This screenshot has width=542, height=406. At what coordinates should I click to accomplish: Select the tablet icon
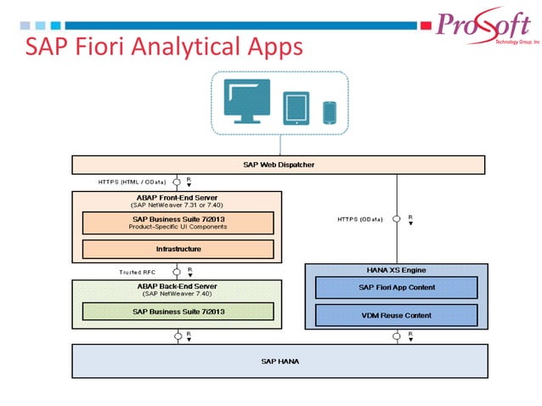(295, 108)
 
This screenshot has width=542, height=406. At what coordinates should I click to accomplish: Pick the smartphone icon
(330, 111)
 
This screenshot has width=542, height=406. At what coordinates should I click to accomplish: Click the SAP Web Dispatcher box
(279, 164)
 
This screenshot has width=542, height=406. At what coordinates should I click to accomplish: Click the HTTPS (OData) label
(359, 218)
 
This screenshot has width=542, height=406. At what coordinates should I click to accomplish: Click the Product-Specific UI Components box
(178, 223)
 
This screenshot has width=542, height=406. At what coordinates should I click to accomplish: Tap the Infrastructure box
(178, 249)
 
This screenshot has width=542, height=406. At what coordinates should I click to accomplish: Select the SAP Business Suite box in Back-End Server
(178, 311)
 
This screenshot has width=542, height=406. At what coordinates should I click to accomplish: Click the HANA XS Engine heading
(396, 269)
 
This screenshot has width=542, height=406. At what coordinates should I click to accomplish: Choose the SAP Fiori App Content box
(396, 288)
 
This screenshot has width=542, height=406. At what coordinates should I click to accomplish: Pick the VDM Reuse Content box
(396, 315)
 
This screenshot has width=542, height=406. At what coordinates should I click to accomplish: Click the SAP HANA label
(279, 361)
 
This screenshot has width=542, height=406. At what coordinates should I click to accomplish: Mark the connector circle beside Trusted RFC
(178, 272)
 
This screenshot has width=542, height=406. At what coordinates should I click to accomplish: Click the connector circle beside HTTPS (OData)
(396, 218)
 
